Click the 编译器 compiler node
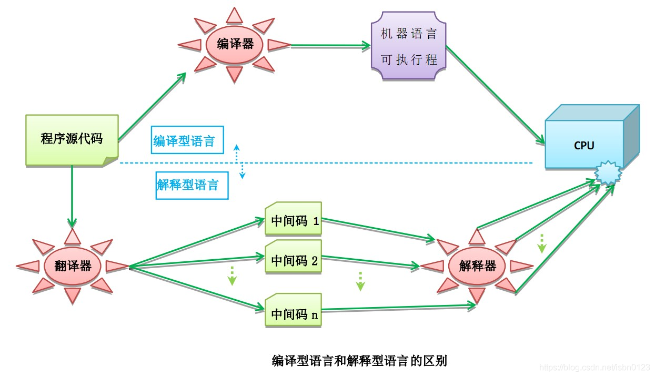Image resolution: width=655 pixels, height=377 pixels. click(x=235, y=44)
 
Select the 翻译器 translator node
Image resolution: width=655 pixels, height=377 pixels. click(x=73, y=266)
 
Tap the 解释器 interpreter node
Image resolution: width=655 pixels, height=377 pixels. click(x=477, y=266)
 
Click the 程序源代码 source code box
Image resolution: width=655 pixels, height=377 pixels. click(x=72, y=139)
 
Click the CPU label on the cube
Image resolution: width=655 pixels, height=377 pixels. click(x=584, y=145)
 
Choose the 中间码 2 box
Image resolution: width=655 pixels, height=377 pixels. click(x=294, y=260)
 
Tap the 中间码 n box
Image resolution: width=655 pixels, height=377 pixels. click(x=294, y=314)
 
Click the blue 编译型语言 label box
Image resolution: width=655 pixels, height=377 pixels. click(x=187, y=140)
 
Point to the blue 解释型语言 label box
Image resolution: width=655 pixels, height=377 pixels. click(x=192, y=185)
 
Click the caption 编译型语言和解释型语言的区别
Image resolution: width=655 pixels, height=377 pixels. click(x=359, y=361)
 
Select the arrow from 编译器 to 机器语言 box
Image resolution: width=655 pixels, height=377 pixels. click(x=330, y=46)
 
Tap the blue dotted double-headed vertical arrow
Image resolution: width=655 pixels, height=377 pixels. click(x=239, y=161)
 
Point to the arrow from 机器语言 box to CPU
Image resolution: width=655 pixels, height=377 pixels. click(x=495, y=95)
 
